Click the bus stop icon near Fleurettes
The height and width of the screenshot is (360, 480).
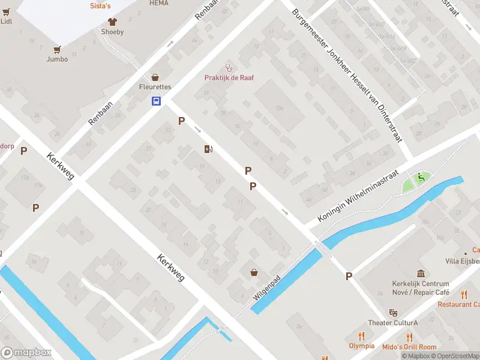(x=155, y=101)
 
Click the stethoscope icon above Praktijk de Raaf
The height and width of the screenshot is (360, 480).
(x=228, y=67)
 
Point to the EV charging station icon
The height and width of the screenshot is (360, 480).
(x=208, y=149)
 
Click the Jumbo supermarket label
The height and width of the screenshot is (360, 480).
(x=57, y=59)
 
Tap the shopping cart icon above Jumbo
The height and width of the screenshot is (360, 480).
(x=57, y=49)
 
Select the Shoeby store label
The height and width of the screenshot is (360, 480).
(x=112, y=32)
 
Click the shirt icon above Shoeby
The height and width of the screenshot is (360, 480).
(x=112, y=22)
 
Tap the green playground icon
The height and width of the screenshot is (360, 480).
(x=421, y=177)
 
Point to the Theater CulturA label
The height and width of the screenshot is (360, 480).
(x=392, y=323)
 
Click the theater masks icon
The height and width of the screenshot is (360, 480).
(x=393, y=313)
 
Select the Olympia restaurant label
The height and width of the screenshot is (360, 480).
(x=361, y=346)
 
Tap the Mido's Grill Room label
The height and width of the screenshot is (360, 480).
(x=410, y=347)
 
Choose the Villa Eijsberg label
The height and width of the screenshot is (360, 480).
(x=462, y=261)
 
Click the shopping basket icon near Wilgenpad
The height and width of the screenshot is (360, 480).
(x=254, y=273)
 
